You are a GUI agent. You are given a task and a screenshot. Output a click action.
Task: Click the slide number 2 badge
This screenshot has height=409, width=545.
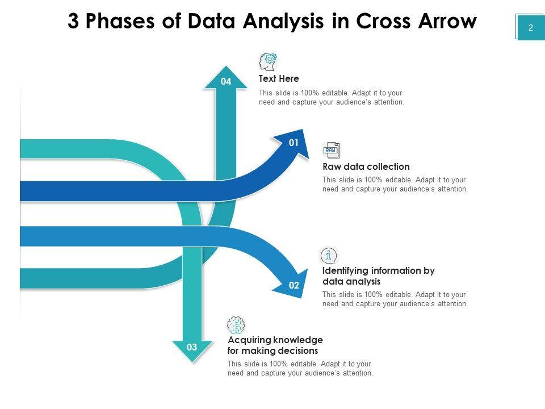530,27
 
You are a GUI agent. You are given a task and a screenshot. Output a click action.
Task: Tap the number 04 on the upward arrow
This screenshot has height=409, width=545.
226,82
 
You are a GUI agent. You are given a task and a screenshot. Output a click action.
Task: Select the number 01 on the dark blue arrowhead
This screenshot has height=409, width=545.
294,143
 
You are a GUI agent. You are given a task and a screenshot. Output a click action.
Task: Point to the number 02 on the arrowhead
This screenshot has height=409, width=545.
294,286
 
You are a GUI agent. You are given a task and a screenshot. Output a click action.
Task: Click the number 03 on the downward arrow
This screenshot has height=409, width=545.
192,347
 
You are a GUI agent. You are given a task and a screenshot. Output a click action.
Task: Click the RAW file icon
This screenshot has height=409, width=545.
331,151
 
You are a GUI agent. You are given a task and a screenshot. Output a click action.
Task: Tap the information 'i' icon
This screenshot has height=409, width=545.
329,256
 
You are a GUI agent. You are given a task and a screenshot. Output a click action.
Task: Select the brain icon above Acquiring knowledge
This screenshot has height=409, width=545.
236,325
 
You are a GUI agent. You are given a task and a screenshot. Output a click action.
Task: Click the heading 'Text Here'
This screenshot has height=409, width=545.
279,79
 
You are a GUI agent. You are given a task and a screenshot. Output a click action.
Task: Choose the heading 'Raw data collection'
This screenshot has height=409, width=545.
366,167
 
